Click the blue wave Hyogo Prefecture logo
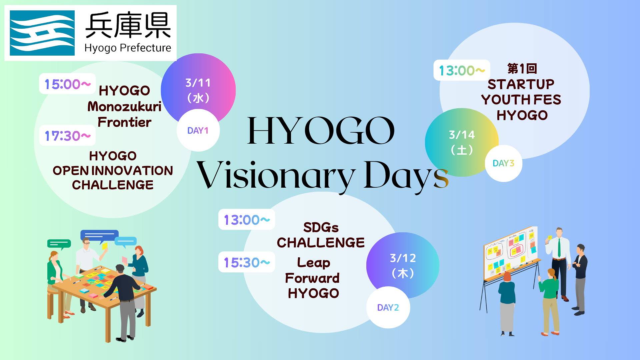pos(42,33)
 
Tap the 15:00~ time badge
pos(67,84)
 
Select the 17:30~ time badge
pos(67,135)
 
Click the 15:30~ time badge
pos(247,262)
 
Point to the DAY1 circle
pos(198,130)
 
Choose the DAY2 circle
pos(388,307)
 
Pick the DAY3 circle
pos(503,163)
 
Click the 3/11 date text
pos(198,83)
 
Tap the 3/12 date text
pos(403,258)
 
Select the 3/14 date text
pos(462,135)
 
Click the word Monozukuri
pos(124,107)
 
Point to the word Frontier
pos(124,122)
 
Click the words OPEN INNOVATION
pos(113,171)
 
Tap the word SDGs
pos(321,227)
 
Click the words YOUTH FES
pos(521,100)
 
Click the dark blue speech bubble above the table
pos(99,236)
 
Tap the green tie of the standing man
pos(559,248)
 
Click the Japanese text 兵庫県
pos(128,25)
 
